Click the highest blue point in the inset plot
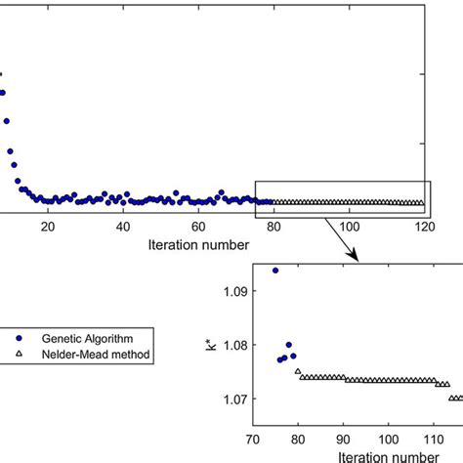click(x=275, y=270)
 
